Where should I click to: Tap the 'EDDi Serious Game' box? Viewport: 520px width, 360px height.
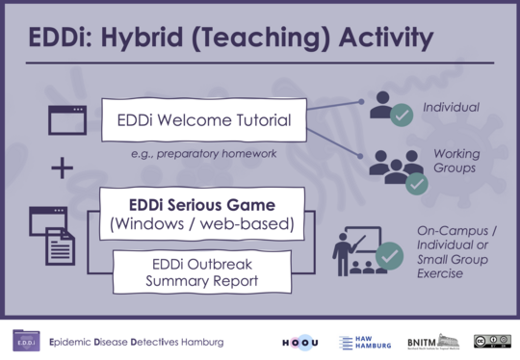[x=202, y=215]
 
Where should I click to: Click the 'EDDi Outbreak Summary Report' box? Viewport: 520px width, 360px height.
[x=201, y=272]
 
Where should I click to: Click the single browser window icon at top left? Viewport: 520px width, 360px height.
[x=65, y=120]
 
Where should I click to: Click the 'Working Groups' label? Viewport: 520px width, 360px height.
[x=455, y=161]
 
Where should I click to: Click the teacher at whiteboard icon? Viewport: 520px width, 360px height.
[x=366, y=253]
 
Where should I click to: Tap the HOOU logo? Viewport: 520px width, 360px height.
[x=299, y=342]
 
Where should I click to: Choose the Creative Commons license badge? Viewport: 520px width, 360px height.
[x=491, y=342]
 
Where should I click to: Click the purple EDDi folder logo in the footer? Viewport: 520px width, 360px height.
[x=26, y=342]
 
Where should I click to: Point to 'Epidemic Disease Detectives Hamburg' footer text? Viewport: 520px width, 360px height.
[x=135, y=343]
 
